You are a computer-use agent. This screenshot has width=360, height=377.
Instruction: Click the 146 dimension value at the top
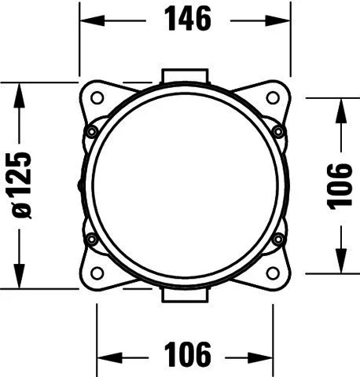tap(187, 19)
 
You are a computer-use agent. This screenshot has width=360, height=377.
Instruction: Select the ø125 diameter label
tap(22, 185)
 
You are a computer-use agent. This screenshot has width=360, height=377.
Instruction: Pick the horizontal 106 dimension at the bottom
tap(187, 354)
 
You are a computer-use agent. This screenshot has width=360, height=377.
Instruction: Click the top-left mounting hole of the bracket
tap(97, 98)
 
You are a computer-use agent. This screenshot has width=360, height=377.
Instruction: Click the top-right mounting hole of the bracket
tap(273, 98)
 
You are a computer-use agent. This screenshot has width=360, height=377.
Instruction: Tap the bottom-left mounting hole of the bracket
tap(97, 273)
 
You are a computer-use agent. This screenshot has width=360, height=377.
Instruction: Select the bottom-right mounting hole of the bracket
tap(273, 273)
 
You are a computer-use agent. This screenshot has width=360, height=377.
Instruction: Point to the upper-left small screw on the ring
tap(92, 131)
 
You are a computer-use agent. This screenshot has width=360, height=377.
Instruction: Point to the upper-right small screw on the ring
tap(278, 131)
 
